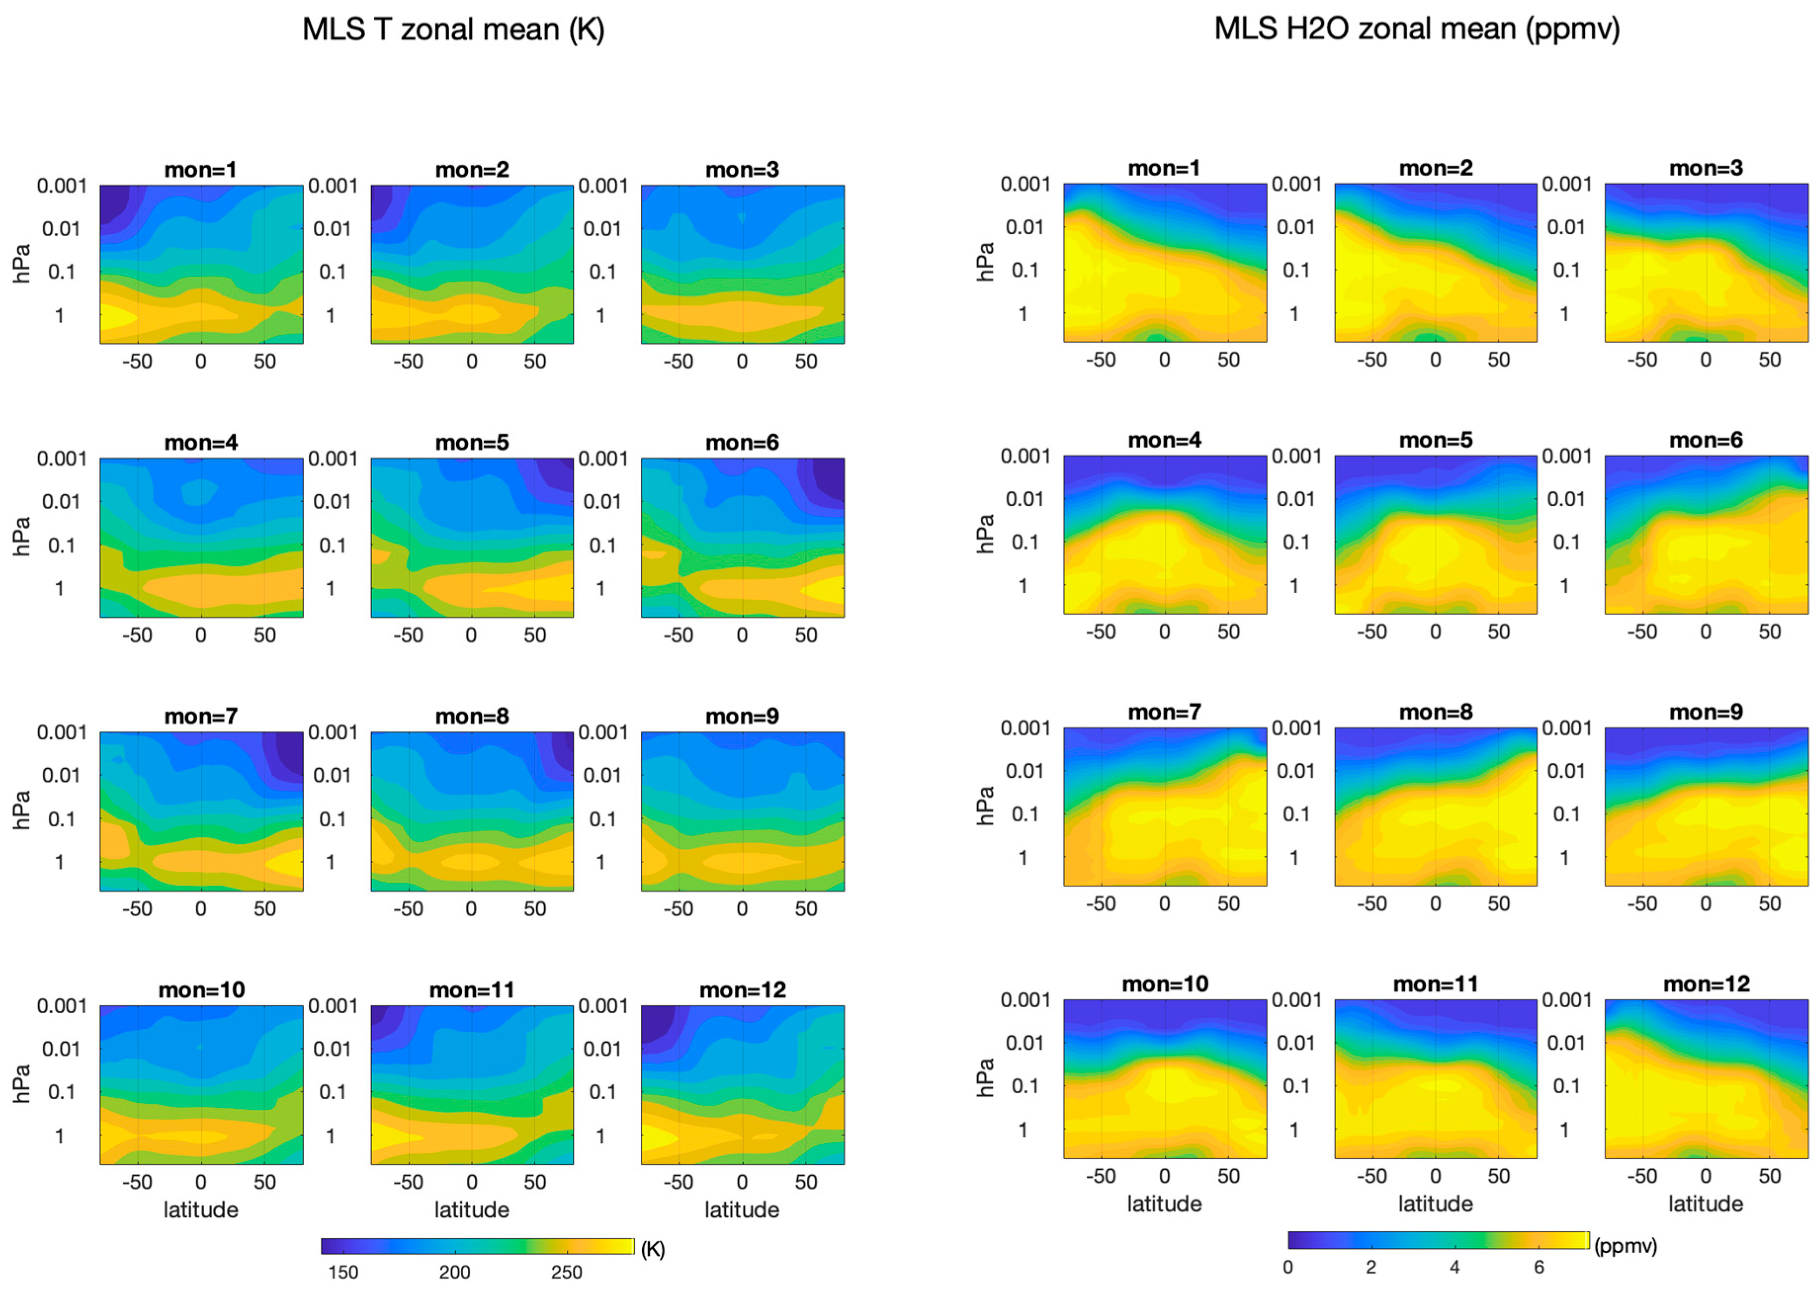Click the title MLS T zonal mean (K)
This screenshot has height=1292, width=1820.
[454, 30]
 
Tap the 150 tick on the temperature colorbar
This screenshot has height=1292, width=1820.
[343, 1271]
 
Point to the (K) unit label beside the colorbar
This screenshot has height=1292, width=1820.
[652, 1249]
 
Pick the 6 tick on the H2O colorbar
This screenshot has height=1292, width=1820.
[1538, 1266]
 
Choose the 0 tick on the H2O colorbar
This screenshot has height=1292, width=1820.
[1288, 1266]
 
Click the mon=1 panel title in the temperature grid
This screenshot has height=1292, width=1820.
[201, 170]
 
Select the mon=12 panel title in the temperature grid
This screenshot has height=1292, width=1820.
[742, 990]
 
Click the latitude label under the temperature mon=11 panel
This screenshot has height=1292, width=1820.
[471, 1209]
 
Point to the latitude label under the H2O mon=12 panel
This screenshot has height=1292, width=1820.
[1705, 1204]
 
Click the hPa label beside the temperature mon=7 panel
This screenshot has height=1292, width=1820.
[22, 810]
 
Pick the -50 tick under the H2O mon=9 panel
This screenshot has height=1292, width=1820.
[1642, 904]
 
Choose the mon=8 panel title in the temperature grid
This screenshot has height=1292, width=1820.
[472, 716]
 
